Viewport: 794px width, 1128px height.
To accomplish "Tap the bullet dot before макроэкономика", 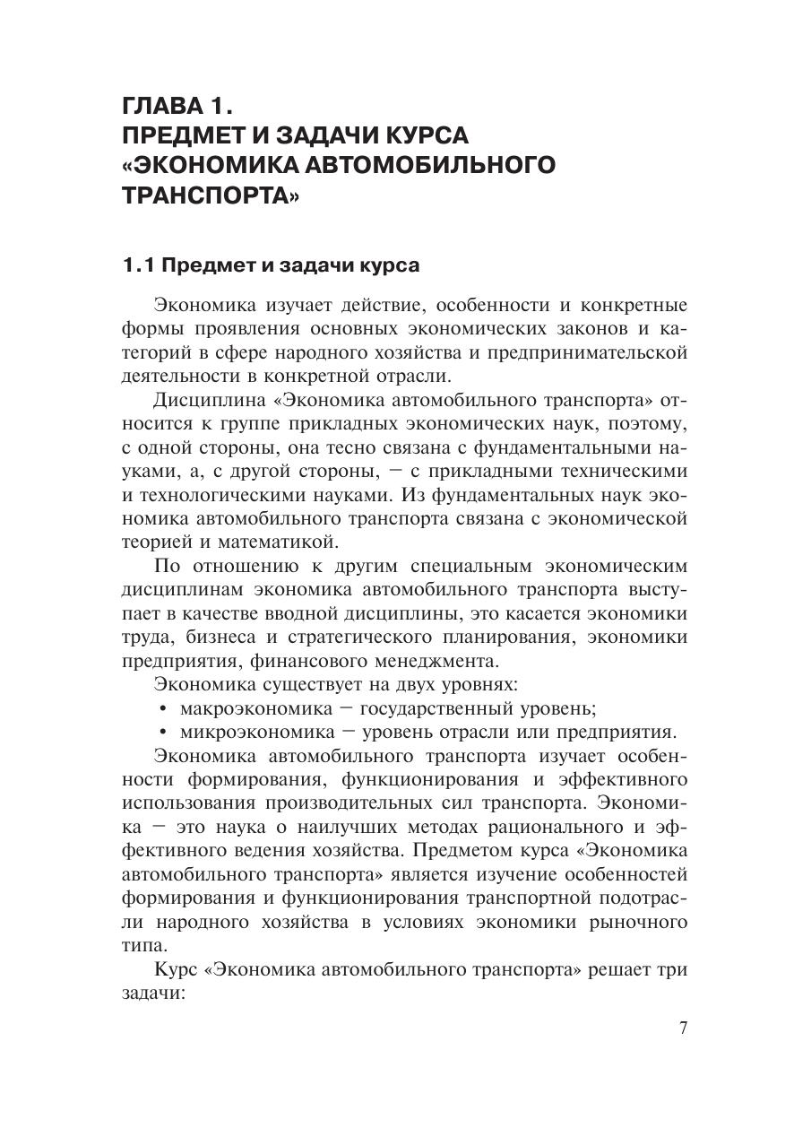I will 162,708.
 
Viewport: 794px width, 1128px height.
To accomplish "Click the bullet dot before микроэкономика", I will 162,732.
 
